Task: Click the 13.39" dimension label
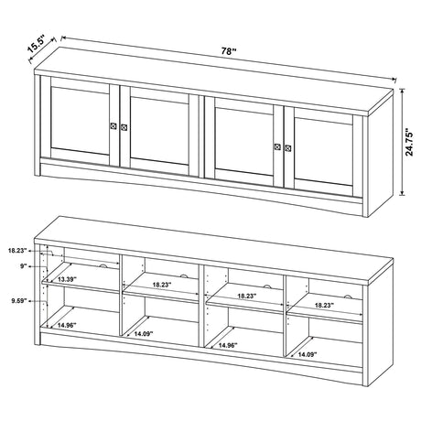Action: coord(67,278)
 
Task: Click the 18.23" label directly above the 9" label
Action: coord(16,249)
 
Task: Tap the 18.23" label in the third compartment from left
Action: coord(244,297)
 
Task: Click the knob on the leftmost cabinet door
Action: coord(113,125)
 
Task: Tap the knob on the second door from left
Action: coord(124,126)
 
